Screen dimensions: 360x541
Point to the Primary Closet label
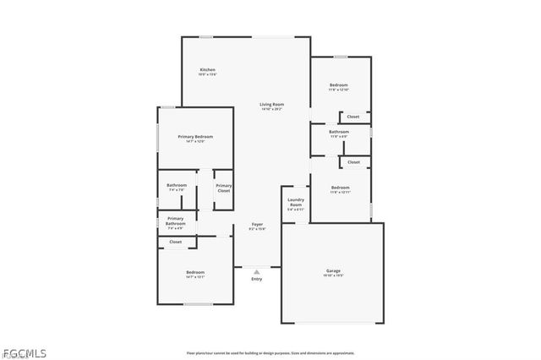(223, 188)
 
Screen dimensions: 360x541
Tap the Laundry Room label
(295, 204)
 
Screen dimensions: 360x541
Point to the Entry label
(256, 279)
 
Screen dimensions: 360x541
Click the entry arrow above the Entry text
(256, 270)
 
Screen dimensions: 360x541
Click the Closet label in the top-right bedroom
(352, 117)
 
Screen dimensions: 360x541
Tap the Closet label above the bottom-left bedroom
(175, 243)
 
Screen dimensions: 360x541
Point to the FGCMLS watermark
(25, 352)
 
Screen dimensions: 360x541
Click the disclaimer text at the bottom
(270, 352)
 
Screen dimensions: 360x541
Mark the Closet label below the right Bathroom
(352, 162)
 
